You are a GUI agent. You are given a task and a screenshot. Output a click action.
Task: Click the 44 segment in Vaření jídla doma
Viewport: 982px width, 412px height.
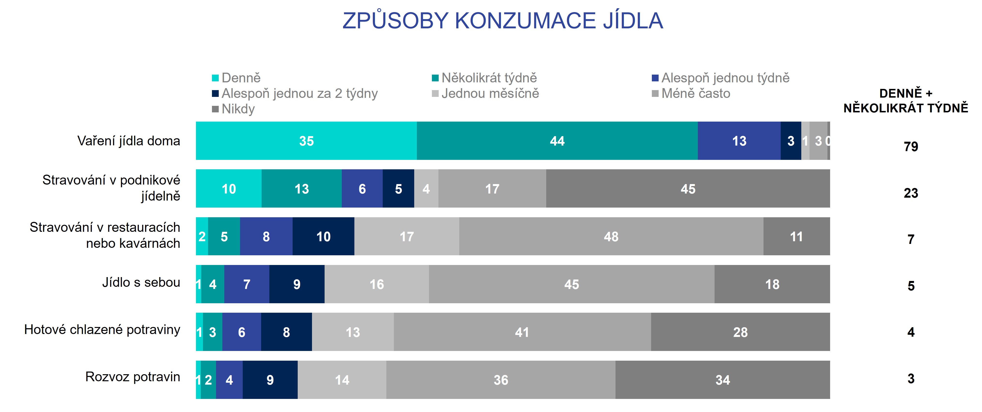(557, 141)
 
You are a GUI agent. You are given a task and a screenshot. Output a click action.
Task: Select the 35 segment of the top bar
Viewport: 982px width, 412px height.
(306, 141)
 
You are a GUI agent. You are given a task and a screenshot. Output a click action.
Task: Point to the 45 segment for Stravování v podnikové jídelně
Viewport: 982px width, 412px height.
(688, 189)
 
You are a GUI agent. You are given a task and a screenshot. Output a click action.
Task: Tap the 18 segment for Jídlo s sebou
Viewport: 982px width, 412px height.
(772, 284)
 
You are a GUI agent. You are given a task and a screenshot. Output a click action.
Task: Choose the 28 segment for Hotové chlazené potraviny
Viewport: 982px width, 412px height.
(740, 332)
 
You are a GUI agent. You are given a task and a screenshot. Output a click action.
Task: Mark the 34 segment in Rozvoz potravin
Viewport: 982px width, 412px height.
(722, 380)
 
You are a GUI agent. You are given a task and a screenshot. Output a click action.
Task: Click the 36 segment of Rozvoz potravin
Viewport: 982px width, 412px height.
(500, 380)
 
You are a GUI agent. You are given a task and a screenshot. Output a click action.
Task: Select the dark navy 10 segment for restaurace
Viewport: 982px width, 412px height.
(323, 237)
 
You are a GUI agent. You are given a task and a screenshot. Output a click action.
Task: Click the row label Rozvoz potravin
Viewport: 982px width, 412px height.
(133, 377)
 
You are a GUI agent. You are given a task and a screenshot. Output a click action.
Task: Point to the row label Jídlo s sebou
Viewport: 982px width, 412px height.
(141, 282)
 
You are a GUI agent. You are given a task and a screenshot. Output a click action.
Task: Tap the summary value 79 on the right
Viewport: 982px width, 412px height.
(911, 147)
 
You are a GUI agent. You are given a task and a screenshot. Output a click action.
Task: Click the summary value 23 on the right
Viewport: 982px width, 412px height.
(911, 193)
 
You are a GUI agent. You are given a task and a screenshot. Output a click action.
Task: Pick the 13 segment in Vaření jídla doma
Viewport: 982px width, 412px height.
(739, 141)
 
